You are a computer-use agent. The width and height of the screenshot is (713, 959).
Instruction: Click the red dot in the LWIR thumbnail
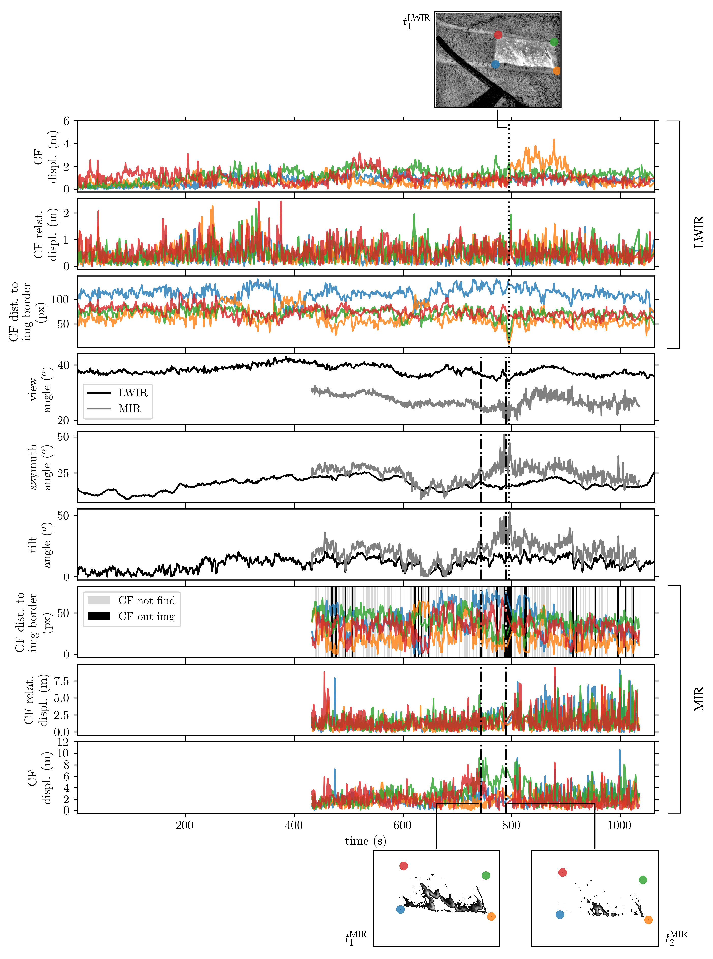pos(498,35)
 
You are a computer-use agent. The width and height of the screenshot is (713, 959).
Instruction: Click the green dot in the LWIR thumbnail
pos(554,42)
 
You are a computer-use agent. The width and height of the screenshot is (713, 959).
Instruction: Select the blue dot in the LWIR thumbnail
pos(496,64)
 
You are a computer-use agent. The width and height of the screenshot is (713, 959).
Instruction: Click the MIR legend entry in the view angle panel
pos(129,408)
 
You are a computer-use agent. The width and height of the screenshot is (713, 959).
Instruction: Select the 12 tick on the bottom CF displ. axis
pos(64,742)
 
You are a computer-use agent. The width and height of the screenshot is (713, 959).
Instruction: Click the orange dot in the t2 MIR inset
pos(648,920)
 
